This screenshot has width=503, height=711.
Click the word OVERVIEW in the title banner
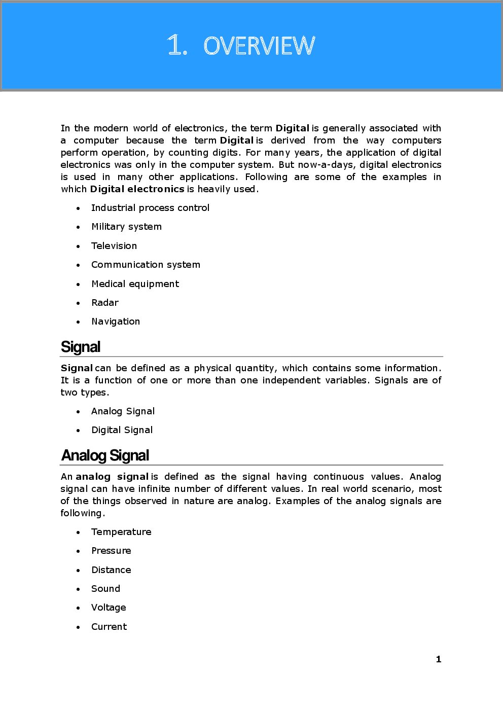click(x=259, y=46)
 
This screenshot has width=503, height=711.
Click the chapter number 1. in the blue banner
click(x=177, y=46)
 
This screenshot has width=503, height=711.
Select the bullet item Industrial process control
click(x=150, y=208)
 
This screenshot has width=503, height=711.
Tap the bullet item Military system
click(x=126, y=227)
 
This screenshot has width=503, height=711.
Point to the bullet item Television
click(x=114, y=246)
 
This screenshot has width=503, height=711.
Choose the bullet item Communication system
click(x=146, y=265)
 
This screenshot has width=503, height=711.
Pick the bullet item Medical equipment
click(x=135, y=284)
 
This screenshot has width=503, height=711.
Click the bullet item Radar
click(x=105, y=303)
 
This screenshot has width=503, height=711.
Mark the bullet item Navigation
click(x=116, y=322)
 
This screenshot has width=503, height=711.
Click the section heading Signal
click(x=81, y=347)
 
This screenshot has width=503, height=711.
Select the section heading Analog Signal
click(x=105, y=455)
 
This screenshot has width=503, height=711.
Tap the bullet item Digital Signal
click(x=122, y=430)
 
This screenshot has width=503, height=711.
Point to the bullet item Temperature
click(x=121, y=532)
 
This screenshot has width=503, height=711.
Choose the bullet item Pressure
click(x=111, y=551)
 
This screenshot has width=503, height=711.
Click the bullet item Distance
click(x=111, y=570)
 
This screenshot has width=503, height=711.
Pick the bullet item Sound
click(x=105, y=589)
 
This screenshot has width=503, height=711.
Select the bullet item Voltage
click(x=109, y=608)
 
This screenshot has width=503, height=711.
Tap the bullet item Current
click(x=109, y=627)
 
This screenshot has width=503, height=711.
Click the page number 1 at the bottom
click(x=439, y=659)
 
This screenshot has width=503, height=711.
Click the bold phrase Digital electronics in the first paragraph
click(x=137, y=189)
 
